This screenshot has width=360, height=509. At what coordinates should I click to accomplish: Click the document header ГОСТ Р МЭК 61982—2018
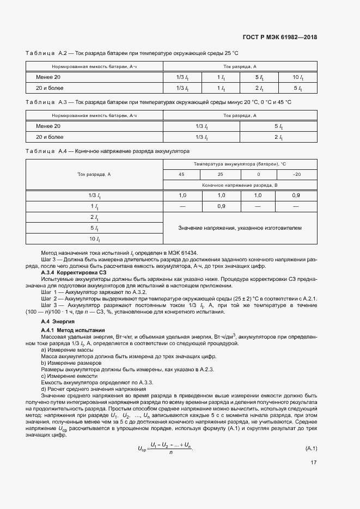pos(279,38)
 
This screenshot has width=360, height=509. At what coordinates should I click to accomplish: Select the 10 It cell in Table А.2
pos(297,77)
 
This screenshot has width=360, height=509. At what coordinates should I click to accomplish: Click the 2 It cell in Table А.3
pos(278,137)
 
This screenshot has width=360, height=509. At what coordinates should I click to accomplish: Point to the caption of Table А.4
pos(107,151)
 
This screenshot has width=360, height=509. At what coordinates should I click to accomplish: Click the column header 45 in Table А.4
pos(182,174)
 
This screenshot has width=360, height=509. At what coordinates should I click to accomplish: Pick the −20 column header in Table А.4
pos(296,174)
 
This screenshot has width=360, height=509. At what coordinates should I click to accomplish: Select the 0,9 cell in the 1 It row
pos(221,206)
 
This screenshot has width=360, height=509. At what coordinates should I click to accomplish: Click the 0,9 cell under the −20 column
pos(296,195)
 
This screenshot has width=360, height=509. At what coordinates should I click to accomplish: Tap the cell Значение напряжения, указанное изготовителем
pos(240,228)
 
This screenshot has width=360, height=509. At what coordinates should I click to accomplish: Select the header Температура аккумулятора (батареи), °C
pos(240,164)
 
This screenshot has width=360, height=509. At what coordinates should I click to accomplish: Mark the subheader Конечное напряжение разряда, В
pos(240,185)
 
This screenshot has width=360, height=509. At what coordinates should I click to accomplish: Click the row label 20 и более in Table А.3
pos(50,137)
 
